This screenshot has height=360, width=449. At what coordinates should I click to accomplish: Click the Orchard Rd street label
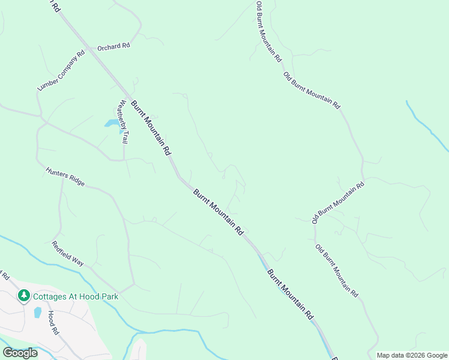click(x=114, y=46)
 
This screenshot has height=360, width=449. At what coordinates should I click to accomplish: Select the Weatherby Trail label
click(x=123, y=121)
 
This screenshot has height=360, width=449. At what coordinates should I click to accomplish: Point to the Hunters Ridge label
click(x=65, y=177)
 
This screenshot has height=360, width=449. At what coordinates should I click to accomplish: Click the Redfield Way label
click(x=68, y=253)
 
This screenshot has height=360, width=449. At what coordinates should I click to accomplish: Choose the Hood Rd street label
click(x=53, y=323)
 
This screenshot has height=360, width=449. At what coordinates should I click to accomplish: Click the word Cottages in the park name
click(x=50, y=296)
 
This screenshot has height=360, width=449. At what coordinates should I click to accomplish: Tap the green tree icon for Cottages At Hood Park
click(x=23, y=295)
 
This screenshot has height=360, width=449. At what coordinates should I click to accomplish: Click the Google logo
click(x=20, y=352)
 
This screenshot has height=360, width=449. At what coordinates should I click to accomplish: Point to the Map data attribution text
click(x=411, y=355)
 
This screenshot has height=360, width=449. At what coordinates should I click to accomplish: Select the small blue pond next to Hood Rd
click(x=37, y=312)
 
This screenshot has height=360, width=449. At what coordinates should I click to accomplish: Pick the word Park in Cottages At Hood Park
click(x=109, y=296)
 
